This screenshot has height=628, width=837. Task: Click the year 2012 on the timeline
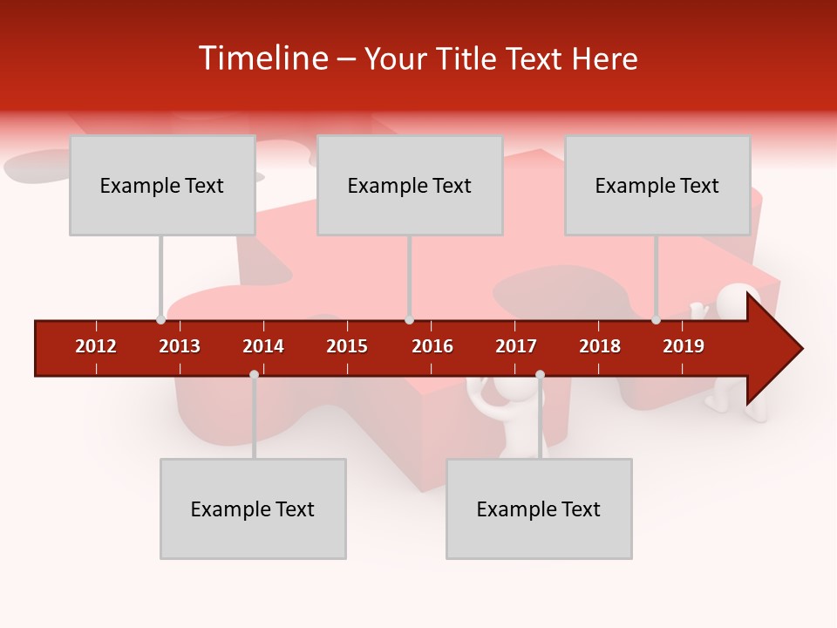coord(96,346)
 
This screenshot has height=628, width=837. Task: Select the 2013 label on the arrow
coord(180,346)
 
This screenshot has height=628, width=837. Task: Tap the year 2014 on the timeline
coord(263,346)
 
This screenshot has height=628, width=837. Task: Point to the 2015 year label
coord(347,346)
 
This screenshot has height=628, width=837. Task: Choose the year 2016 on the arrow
coord(432,346)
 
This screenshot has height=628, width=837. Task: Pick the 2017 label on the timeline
coord(516,346)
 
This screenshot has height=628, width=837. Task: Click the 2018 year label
coord(600,346)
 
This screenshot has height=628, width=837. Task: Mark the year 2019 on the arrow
coord(684,346)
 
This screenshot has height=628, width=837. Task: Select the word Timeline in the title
coord(261,58)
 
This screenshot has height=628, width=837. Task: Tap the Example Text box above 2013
coord(162,185)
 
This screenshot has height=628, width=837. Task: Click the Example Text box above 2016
coord(410,185)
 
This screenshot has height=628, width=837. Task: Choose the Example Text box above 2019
coord(657,185)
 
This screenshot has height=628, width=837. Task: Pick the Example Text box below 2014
coord(253,509)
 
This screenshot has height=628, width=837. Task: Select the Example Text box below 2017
coord(539,509)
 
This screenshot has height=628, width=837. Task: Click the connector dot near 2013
coord(160,319)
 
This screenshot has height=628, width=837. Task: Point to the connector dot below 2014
coord(254,374)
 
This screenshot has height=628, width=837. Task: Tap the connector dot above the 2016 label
coord(409,319)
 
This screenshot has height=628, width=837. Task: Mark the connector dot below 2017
coord(540,374)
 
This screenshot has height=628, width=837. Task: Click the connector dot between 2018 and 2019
coord(656,319)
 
